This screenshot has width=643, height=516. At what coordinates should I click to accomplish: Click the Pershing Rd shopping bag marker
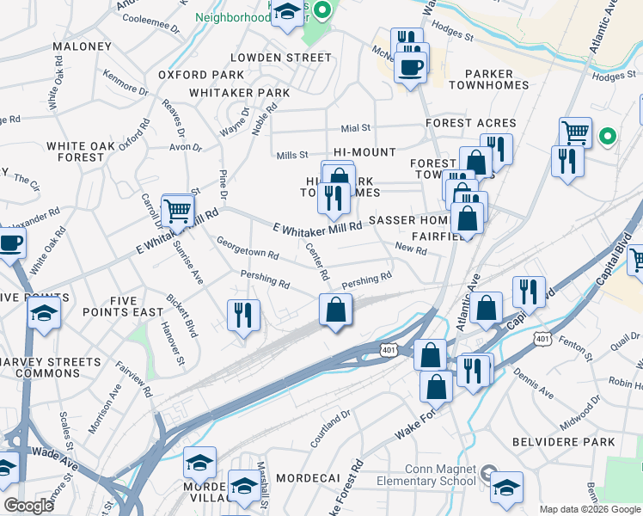(335, 310)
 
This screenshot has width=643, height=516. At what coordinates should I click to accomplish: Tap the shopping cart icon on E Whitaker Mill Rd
(176, 209)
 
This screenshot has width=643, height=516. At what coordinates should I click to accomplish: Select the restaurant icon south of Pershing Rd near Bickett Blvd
(243, 314)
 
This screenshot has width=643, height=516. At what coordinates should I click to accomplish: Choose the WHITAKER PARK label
(238, 93)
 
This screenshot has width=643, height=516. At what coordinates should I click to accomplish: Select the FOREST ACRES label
(471, 123)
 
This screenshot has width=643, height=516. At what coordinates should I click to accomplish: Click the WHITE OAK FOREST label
(76, 152)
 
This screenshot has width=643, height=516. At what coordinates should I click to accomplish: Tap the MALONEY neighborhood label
(82, 46)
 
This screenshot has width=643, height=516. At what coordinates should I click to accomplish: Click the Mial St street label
(354, 128)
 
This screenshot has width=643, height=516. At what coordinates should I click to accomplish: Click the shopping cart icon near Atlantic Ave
(575, 132)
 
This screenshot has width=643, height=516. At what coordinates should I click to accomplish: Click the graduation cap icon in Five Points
(44, 313)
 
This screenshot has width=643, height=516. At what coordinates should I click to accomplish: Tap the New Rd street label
(411, 249)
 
